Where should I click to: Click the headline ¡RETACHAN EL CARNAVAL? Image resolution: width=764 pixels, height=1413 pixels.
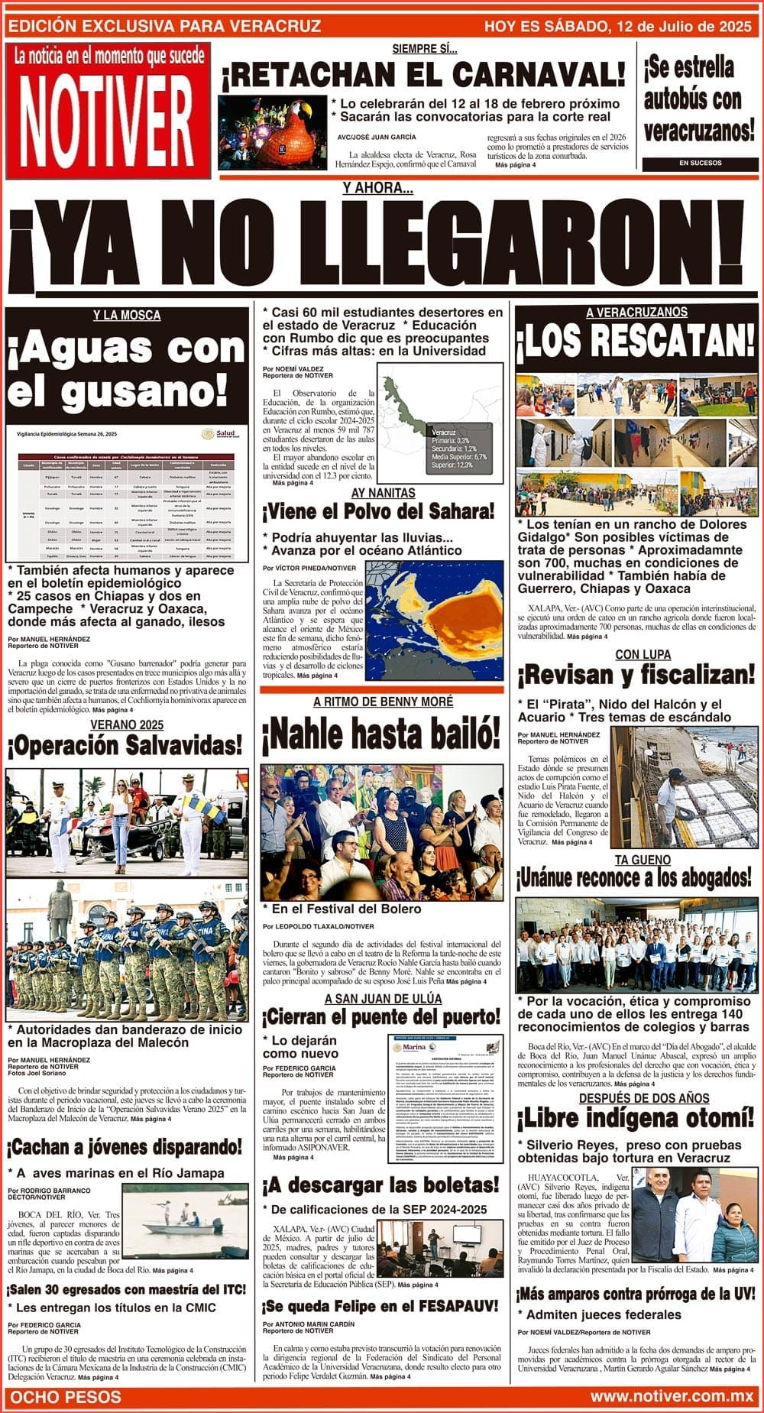click(x=423, y=75)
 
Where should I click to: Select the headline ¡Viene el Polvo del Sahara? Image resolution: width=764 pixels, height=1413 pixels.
click(x=380, y=511)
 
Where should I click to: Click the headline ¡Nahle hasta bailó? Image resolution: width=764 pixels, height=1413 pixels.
click(x=380, y=736)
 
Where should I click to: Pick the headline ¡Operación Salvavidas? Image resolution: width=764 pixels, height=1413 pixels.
click(x=125, y=745)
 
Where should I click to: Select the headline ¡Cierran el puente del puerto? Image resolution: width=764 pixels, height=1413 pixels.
click(x=381, y=1017)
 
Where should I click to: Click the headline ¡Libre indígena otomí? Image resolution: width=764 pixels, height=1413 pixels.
click(x=636, y=1120)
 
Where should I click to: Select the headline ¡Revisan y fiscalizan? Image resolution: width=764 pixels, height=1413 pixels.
click(x=636, y=676)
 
